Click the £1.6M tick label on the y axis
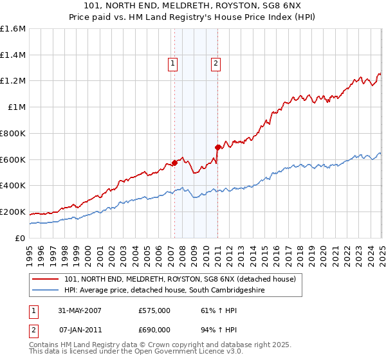click(13, 29)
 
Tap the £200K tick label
click(13, 212)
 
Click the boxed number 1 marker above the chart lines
click(174, 63)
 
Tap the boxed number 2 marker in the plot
click(215, 63)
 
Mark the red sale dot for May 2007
click(174, 163)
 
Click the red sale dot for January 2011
click(217, 147)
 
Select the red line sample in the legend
click(46, 279)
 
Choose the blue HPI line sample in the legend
click(46, 291)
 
